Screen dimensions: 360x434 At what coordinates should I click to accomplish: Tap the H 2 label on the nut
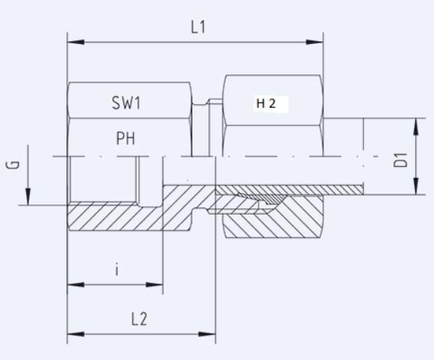tap(265, 103)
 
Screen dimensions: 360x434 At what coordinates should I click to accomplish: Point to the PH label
tap(126, 138)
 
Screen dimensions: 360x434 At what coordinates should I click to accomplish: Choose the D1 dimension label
tap(401, 158)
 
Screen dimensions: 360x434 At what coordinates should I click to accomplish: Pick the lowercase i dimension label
tap(116, 270)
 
